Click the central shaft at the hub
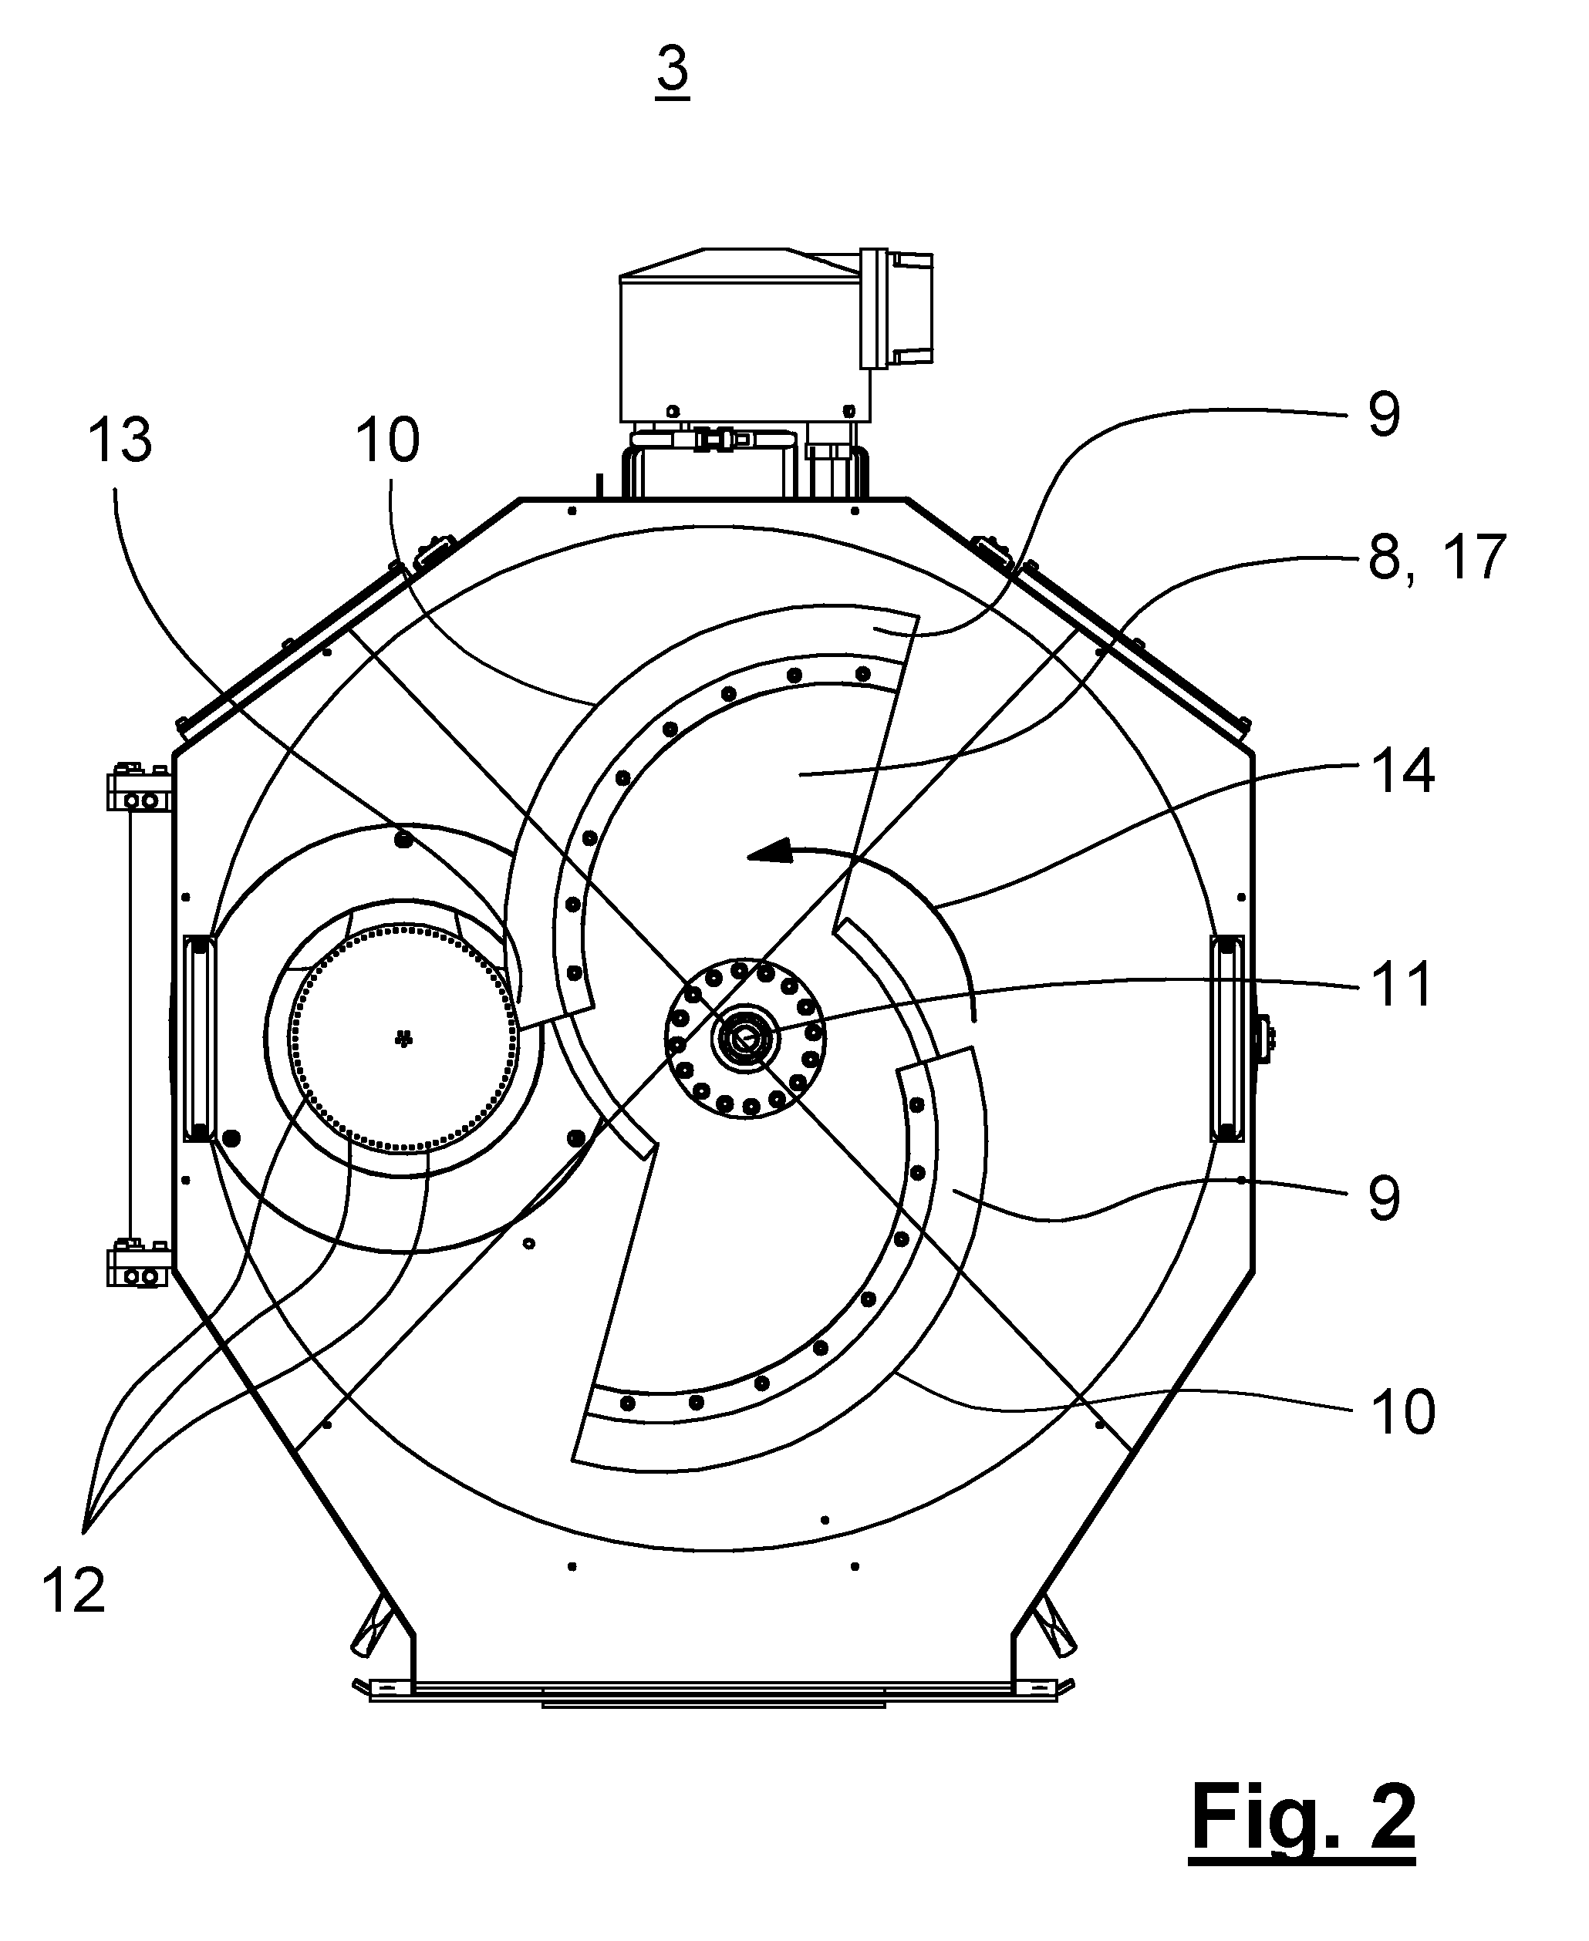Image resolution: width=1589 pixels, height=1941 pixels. [744, 1039]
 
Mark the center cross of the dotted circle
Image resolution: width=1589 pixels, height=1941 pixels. [403, 1039]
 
